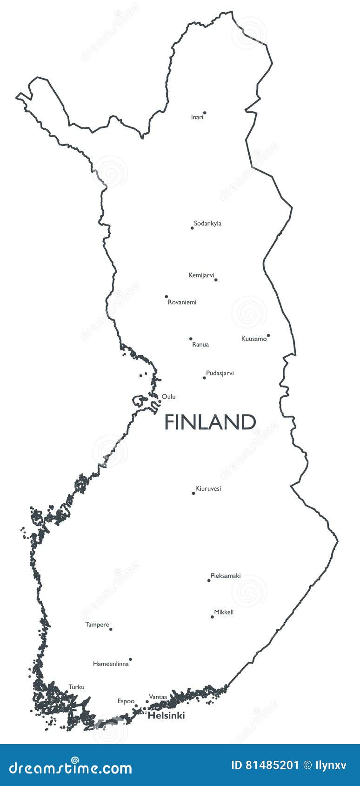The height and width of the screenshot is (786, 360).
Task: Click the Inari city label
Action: [x=197, y=117]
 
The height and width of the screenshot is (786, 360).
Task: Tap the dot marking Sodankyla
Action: [x=192, y=228]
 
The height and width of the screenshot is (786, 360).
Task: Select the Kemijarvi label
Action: [x=201, y=275]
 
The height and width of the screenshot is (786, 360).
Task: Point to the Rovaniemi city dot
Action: [x=166, y=296]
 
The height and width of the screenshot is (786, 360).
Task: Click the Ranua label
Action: [x=200, y=345]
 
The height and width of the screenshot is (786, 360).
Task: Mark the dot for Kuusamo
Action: [x=268, y=335]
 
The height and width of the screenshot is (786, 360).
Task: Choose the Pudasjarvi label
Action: [x=220, y=373]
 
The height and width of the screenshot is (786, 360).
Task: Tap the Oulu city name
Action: [x=168, y=397]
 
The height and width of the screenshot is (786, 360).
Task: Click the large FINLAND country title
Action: [x=210, y=422]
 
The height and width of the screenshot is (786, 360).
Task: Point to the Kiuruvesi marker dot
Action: [x=193, y=493]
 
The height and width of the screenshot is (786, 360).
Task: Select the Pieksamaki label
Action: [x=226, y=576]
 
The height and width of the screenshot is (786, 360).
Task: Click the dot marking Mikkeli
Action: [x=212, y=617]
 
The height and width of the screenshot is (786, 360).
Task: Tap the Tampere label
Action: [x=97, y=625]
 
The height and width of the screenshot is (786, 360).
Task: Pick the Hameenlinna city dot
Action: [x=130, y=659]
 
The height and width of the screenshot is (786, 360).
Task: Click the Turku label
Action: [x=76, y=687]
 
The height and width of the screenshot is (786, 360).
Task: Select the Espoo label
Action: [x=126, y=701]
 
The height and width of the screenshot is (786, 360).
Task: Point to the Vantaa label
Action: [x=158, y=697]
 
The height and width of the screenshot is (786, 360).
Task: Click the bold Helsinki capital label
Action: [x=166, y=716]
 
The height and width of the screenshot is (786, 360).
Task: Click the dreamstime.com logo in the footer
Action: [x=70, y=768]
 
